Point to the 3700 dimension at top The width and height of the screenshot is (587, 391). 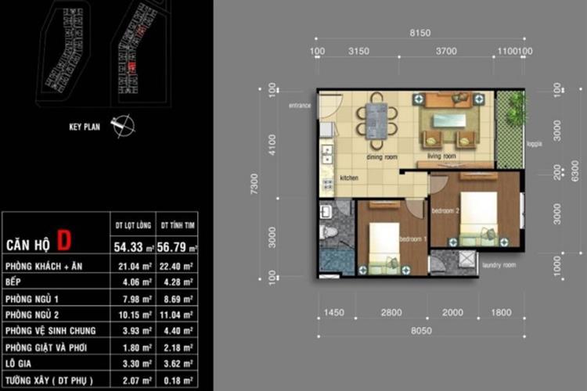(x=446, y=51)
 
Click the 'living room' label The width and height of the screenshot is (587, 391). (x=441, y=156)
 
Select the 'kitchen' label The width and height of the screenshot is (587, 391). (x=349, y=178)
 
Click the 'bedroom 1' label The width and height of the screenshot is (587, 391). (x=412, y=239)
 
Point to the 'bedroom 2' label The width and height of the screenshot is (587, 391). (x=445, y=211)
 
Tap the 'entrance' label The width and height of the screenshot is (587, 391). (x=300, y=105)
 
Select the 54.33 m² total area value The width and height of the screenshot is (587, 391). (x=131, y=247)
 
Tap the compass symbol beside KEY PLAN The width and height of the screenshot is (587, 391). (x=123, y=125)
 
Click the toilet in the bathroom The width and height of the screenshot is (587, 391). (x=330, y=232)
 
